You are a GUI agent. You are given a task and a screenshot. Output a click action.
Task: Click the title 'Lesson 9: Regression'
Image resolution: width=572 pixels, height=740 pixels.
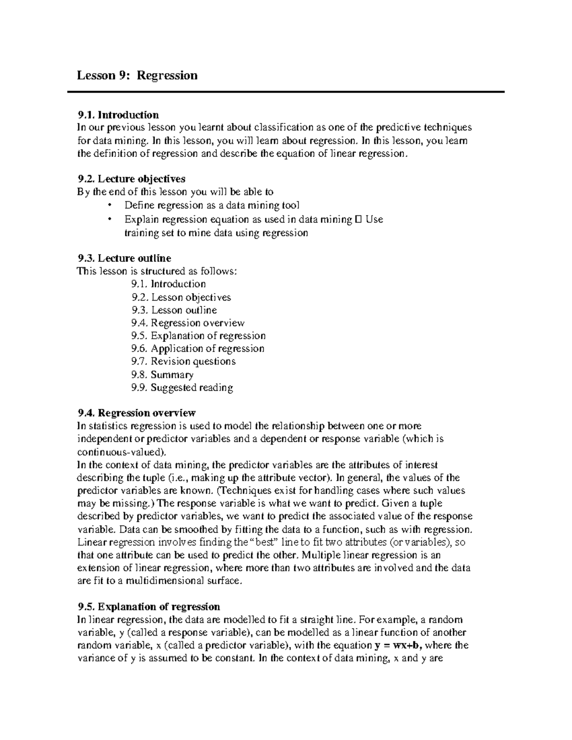(137, 75)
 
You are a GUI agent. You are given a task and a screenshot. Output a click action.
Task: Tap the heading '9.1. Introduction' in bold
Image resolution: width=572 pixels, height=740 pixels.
(118, 115)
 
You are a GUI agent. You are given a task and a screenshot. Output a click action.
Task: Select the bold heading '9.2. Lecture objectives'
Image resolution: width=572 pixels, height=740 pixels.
(131, 179)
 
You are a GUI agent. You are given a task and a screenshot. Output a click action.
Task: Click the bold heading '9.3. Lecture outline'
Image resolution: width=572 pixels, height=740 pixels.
(124, 258)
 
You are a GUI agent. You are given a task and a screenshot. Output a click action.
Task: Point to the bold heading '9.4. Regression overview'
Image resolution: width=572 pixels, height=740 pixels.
(136, 413)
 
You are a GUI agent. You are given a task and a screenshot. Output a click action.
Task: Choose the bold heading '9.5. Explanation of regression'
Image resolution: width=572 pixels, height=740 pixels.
(148, 607)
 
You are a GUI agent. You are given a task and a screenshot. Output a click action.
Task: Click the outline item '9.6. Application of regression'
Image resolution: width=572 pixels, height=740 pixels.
(197, 349)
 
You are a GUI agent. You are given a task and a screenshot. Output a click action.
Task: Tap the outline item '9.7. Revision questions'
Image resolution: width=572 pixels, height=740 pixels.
(183, 362)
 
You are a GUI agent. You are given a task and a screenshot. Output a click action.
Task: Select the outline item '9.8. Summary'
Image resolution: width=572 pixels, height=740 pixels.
(162, 375)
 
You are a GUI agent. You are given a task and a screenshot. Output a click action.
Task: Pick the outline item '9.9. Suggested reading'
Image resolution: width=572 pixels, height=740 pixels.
(182, 387)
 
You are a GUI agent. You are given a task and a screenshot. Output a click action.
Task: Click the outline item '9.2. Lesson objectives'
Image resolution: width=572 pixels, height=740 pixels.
(181, 297)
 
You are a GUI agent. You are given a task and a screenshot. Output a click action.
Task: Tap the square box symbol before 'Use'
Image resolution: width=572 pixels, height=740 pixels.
(358, 220)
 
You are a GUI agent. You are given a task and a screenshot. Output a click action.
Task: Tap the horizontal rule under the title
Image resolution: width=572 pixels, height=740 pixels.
(286, 91)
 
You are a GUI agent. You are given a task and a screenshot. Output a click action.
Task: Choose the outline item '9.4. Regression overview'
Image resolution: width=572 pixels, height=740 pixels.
(188, 323)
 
